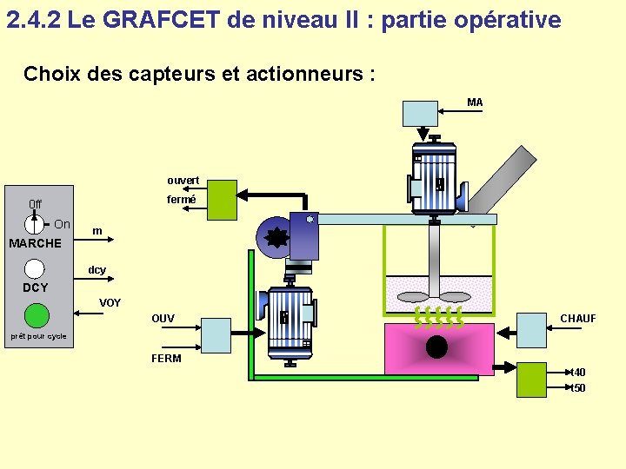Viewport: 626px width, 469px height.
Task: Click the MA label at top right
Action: [x=475, y=102]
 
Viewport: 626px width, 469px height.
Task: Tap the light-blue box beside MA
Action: [x=420, y=114]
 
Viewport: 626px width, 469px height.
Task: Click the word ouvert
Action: [x=183, y=181]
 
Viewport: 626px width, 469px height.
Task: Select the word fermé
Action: [x=182, y=200]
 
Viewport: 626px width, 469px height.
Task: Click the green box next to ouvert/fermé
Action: [x=221, y=199]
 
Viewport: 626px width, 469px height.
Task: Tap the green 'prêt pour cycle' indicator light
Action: [x=37, y=314]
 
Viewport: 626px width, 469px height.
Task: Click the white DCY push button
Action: [x=35, y=269]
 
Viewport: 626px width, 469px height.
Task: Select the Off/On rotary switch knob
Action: [x=33, y=223]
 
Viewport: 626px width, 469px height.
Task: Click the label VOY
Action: [x=110, y=303]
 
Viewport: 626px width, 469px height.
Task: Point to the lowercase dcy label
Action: [x=97, y=270]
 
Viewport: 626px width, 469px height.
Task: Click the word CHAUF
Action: [x=578, y=319]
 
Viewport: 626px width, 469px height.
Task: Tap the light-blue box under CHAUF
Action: [x=532, y=329]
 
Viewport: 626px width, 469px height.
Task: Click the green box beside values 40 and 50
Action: [x=531, y=380]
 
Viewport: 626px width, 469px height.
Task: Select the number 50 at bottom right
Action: [x=579, y=388]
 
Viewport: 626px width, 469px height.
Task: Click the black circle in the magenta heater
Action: [x=436, y=347]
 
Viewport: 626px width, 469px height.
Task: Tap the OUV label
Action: [x=163, y=319]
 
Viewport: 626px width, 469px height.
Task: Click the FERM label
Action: [x=166, y=359]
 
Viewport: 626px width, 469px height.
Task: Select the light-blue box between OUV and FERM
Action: [x=216, y=335]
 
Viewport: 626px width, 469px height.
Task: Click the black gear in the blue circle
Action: [x=277, y=236]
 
